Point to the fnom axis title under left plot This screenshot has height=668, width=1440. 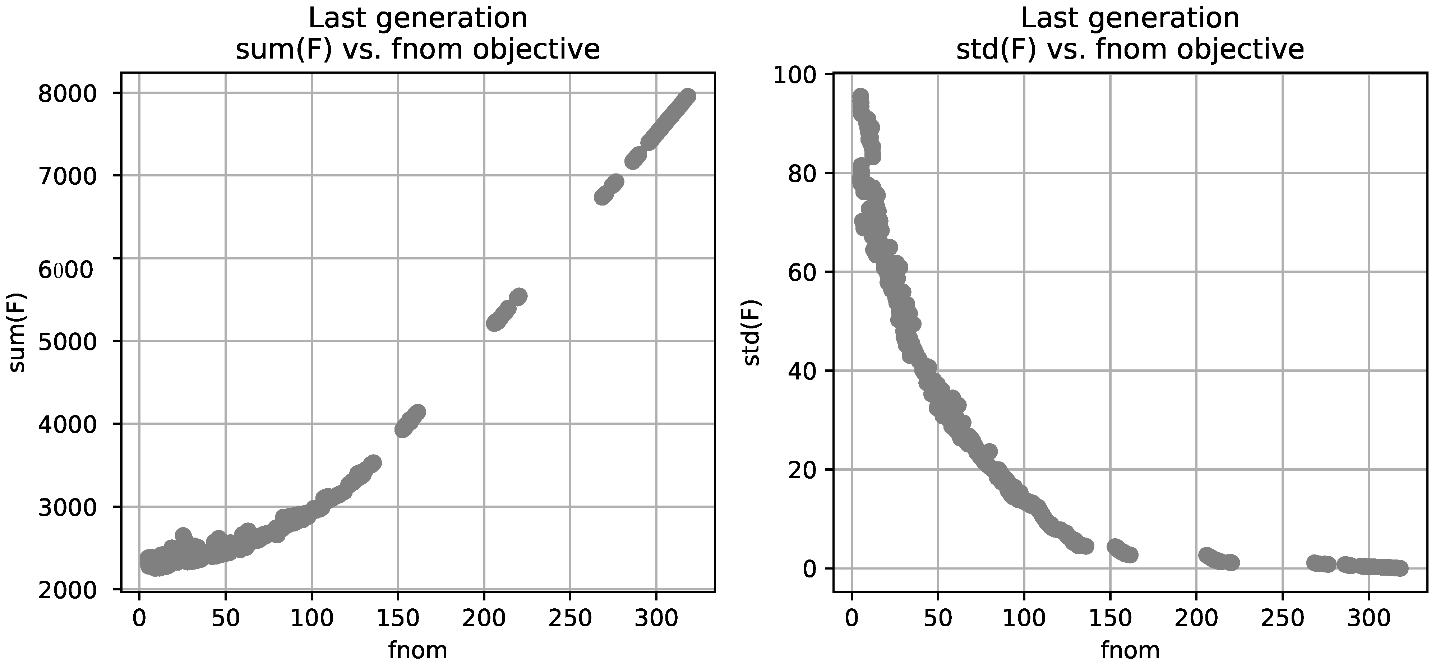(x=417, y=650)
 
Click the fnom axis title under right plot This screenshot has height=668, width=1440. (x=1130, y=650)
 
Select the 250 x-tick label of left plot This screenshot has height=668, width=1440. (x=569, y=618)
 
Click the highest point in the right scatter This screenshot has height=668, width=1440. (x=860, y=96)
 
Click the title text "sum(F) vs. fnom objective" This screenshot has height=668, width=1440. (x=417, y=50)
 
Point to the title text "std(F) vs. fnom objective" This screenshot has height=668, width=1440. (x=1130, y=50)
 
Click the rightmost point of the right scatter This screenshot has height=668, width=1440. (x=1401, y=568)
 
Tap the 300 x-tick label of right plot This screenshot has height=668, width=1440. (x=1369, y=618)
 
